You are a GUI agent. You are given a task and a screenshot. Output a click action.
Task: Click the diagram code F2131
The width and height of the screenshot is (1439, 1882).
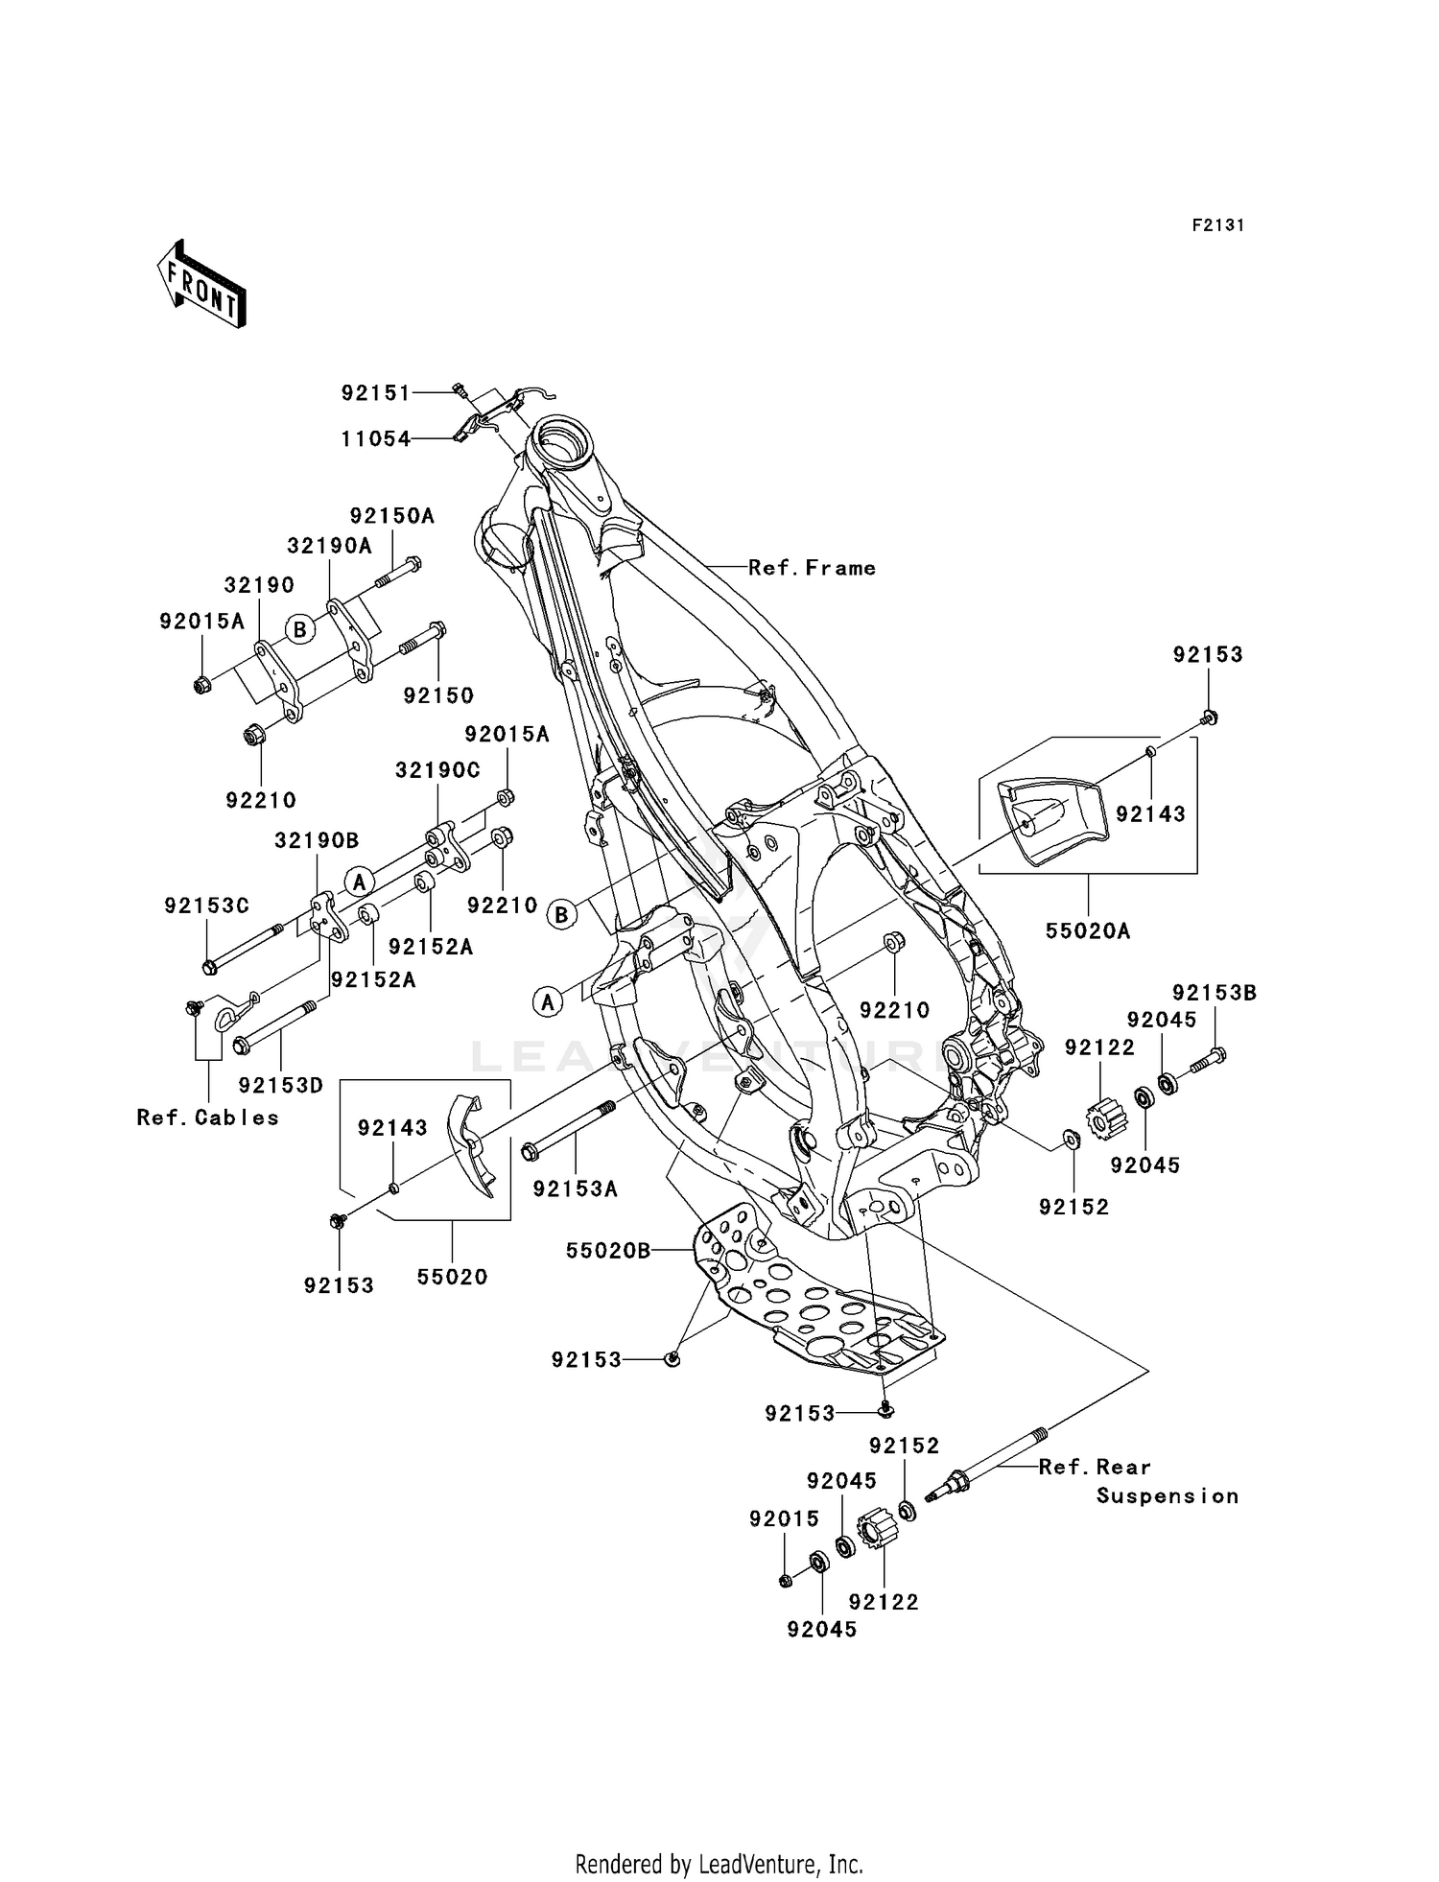(1217, 225)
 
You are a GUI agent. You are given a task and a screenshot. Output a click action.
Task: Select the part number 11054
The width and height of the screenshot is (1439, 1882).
(375, 438)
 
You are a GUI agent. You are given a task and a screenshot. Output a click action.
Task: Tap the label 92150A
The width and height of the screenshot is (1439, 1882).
(391, 516)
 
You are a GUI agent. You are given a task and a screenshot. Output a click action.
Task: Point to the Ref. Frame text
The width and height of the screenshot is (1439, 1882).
(812, 568)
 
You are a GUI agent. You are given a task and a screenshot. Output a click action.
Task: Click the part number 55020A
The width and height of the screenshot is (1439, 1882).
(1087, 930)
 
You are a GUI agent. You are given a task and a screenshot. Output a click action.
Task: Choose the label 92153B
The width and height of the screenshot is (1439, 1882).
(1214, 994)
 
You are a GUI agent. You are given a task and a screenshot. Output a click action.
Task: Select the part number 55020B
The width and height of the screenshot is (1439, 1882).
(608, 1251)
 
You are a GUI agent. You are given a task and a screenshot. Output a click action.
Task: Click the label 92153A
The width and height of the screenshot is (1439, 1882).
(575, 1189)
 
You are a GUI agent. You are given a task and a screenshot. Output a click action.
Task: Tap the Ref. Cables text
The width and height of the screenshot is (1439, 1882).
(207, 1117)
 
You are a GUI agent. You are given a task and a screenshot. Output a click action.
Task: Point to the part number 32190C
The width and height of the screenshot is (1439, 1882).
(437, 770)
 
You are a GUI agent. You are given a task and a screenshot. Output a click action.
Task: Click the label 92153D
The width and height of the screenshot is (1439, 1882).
(281, 1086)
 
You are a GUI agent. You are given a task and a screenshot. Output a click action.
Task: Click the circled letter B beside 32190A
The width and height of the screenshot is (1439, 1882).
(300, 630)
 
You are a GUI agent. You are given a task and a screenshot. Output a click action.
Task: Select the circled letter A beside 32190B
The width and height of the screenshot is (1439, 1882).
(360, 880)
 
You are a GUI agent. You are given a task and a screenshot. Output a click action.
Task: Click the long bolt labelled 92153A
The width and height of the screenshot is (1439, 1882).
(570, 1133)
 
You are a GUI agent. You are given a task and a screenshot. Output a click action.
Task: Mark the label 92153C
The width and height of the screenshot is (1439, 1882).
(206, 906)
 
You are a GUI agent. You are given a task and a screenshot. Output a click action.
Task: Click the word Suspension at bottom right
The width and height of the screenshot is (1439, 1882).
(1167, 1496)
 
